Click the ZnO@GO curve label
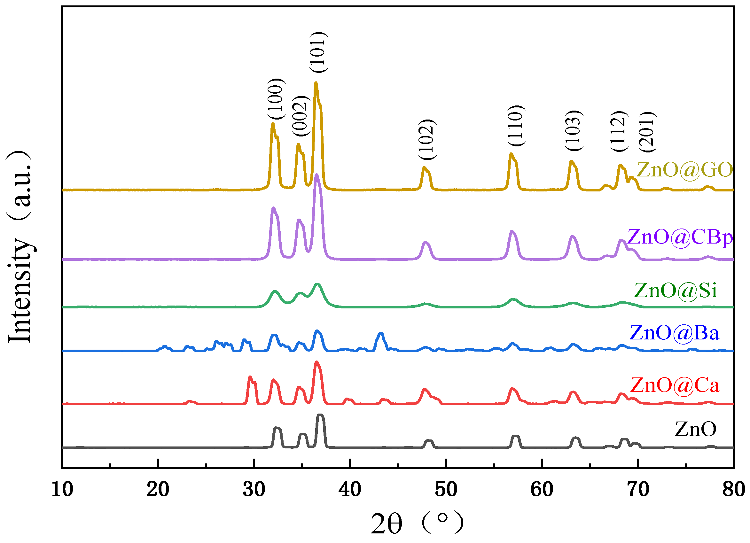click(x=684, y=170)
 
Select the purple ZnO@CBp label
click(x=680, y=237)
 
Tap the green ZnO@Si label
click(x=675, y=291)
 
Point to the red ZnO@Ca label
click(x=675, y=385)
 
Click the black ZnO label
click(x=695, y=429)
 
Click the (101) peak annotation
click(x=319, y=52)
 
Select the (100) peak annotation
click(x=276, y=99)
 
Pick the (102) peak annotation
click(x=427, y=139)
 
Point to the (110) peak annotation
click(x=516, y=126)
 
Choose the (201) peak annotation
click(x=647, y=132)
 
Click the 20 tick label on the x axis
click(x=158, y=489)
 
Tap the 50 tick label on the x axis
click(x=446, y=489)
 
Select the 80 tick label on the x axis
click(x=733, y=489)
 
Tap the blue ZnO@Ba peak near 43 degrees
click(x=381, y=333)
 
